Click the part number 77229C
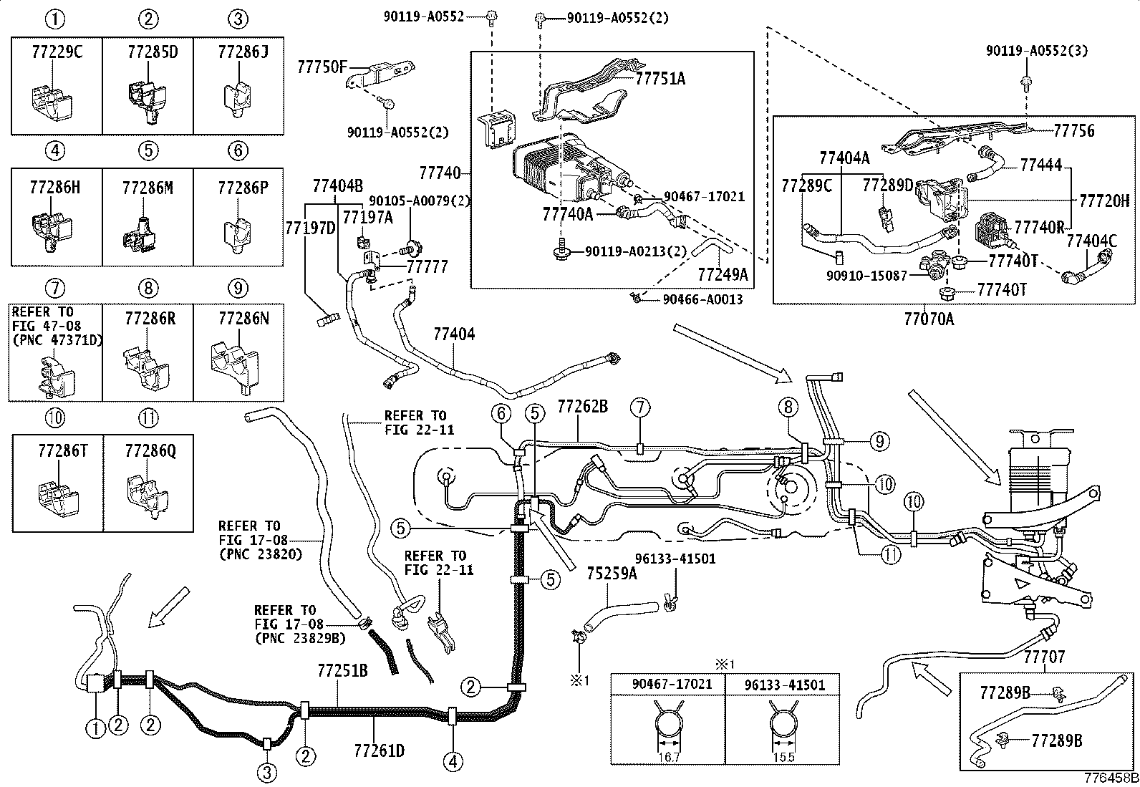pyautogui.click(x=57, y=52)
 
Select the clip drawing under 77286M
pyautogui.click(x=140, y=235)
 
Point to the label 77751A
pyautogui.click(x=660, y=78)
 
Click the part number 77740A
pyautogui.click(x=567, y=214)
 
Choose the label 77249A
pyautogui.click(x=723, y=275)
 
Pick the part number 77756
pyautogui.click(x=1074, y=131)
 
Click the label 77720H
pyautogui.click(x=1104, y=201)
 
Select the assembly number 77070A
pyautogui.click(x=929, y=319)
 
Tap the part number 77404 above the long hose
pyautogui.click(x=454, y=334)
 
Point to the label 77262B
pyautogui.click(x=583, y=406)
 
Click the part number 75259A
pyautogui.click(x=612, y=574)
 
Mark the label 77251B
pyautogui.click(x=342, y=671)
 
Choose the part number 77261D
pyautogui.click(x=379, y=750)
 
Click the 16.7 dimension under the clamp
pyautogui.click(x=669, y=758)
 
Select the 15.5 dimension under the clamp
pyautogui.click(x=783, y=758)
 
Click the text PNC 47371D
pyautogui.click(x=59, y=340)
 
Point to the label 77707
pyautogui.click(x=1044, y=657)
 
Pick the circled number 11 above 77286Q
pyautogui.click(x=148, y=418)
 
